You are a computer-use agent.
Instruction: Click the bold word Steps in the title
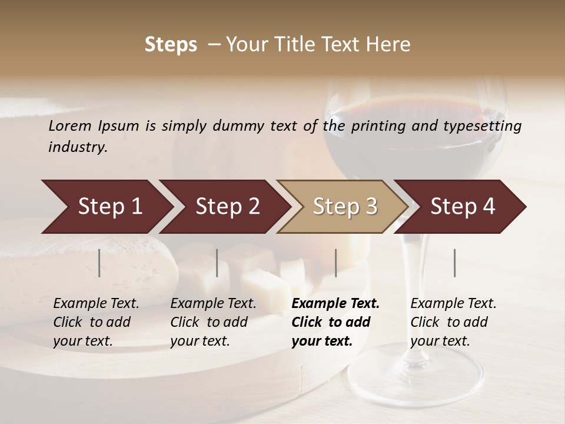click(171, 45)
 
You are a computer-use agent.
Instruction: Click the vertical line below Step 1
click(99, 263)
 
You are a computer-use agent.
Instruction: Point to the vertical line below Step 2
click(217, 263)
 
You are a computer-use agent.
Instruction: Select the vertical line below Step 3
click(335, 263)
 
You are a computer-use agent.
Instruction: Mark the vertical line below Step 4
click(454, 263)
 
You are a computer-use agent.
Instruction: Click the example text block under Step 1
click(96, 322)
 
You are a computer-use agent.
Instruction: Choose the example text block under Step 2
click(213, 322)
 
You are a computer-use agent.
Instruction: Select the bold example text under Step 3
click(335, 322)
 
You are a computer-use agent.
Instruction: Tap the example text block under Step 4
click(453, 322)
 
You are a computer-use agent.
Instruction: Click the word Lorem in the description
click(70, 126)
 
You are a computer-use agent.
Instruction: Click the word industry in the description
click(78, 147)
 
